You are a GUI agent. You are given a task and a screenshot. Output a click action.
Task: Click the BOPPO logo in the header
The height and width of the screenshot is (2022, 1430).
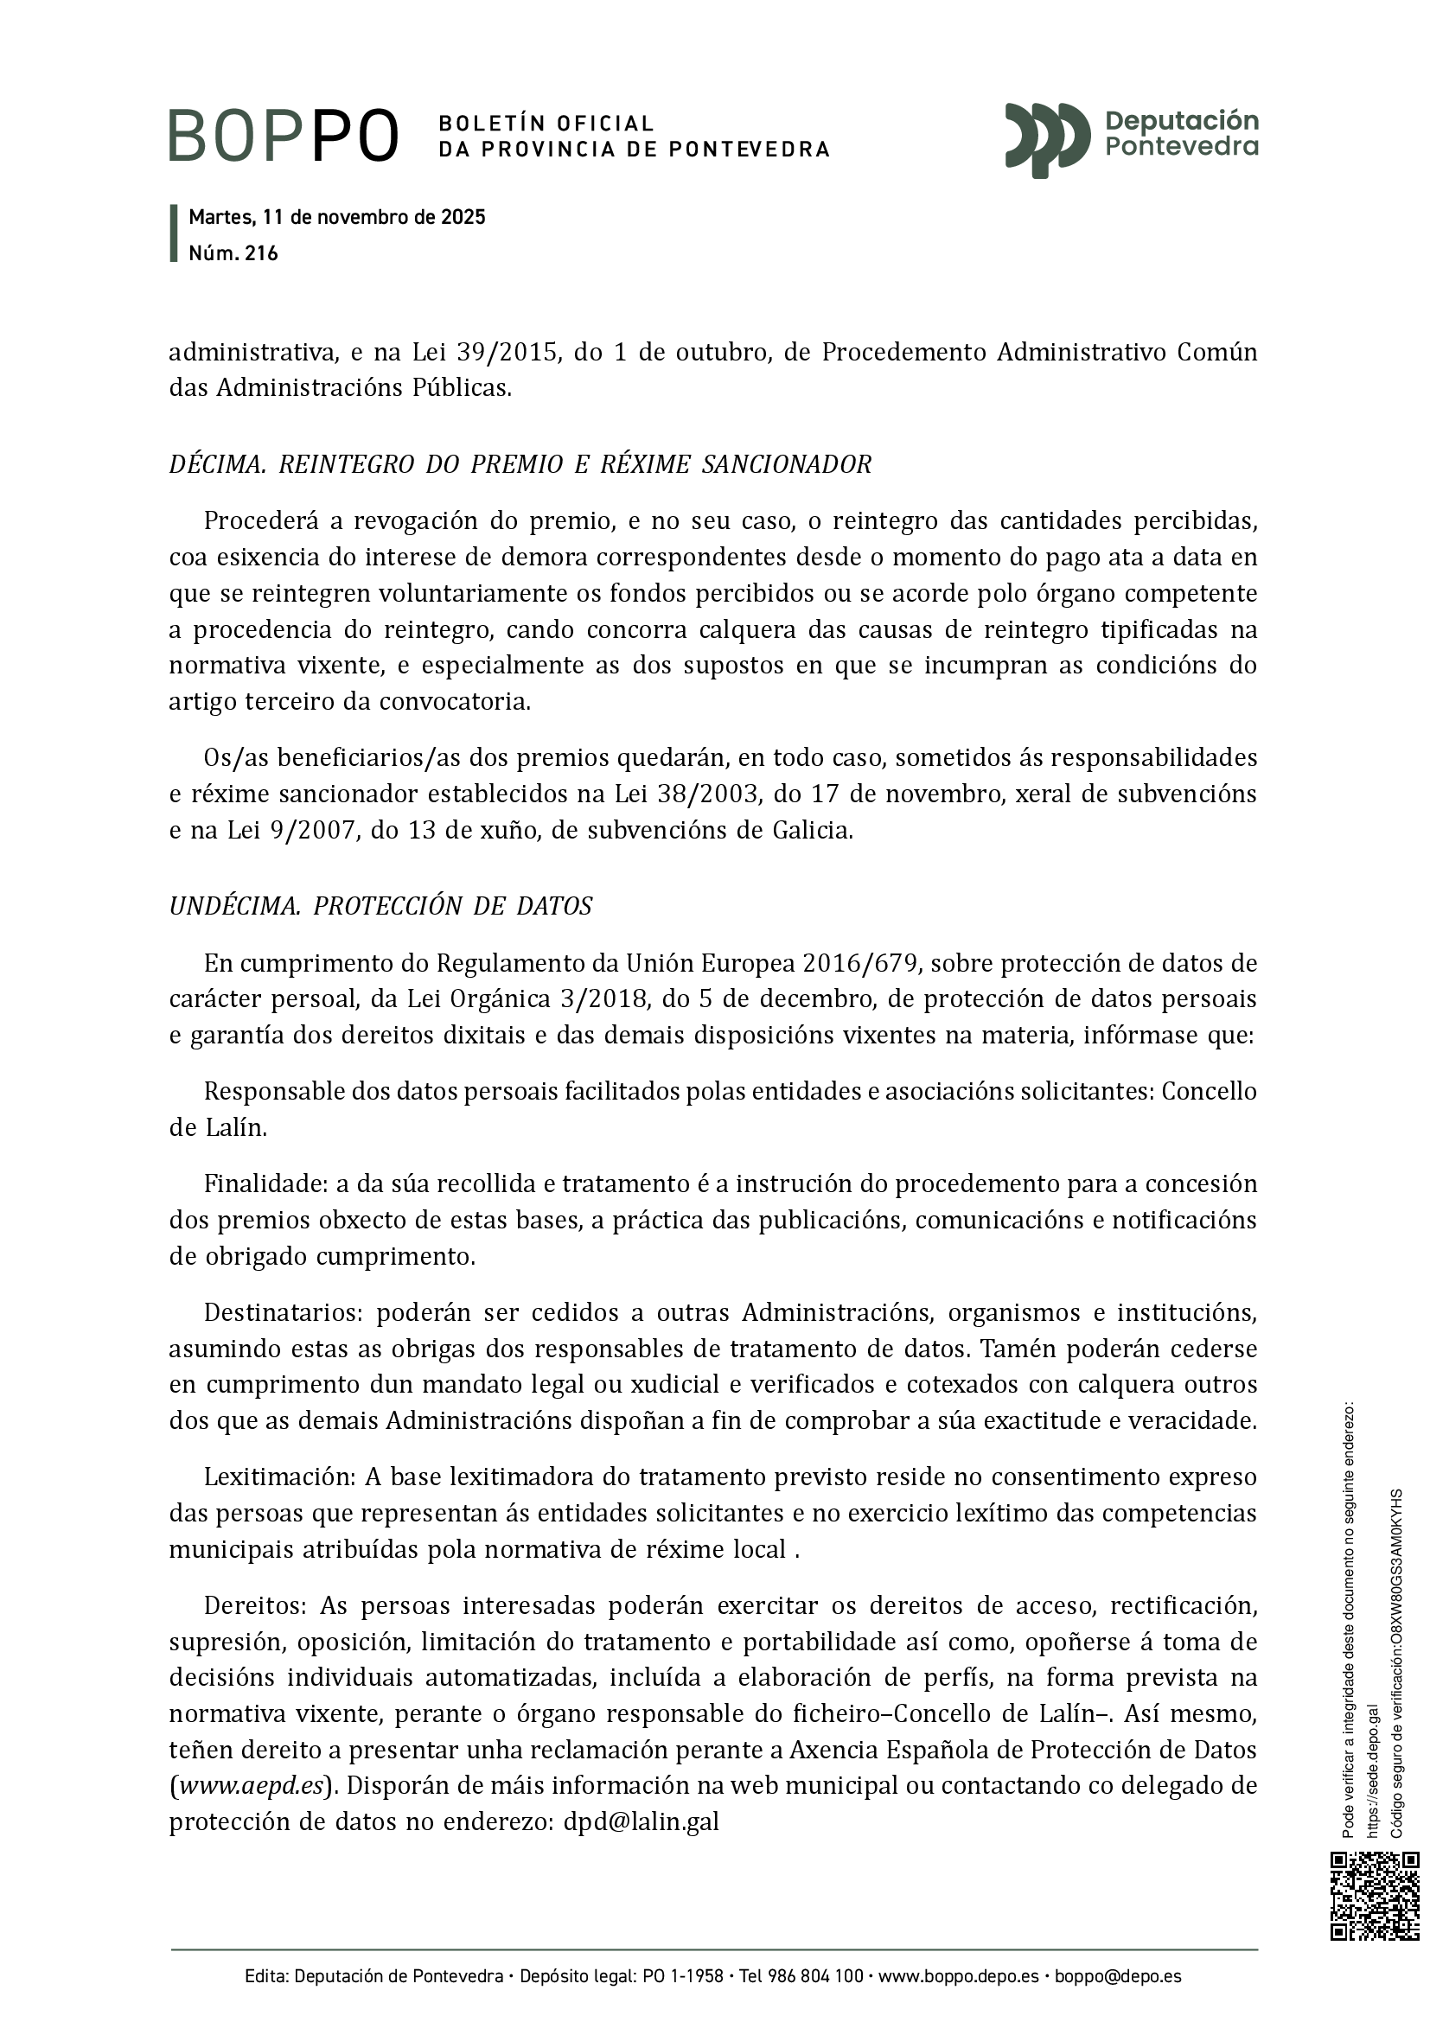[284, 136]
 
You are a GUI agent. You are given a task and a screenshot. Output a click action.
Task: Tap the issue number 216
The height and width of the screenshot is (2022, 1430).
[261, 253]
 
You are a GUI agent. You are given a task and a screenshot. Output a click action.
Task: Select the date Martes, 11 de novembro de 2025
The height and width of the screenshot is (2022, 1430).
[337, 218]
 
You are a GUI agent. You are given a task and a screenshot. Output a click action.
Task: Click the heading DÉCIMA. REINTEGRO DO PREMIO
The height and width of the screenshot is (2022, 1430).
[520, 464]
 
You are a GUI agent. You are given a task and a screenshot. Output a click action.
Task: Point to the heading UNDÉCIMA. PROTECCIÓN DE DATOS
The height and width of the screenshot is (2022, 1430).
[380, 906]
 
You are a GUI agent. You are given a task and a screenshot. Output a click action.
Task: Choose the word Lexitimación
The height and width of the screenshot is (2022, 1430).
[278, 1477]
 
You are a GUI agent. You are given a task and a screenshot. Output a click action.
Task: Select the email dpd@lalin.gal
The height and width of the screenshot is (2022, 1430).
[641, 1822]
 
